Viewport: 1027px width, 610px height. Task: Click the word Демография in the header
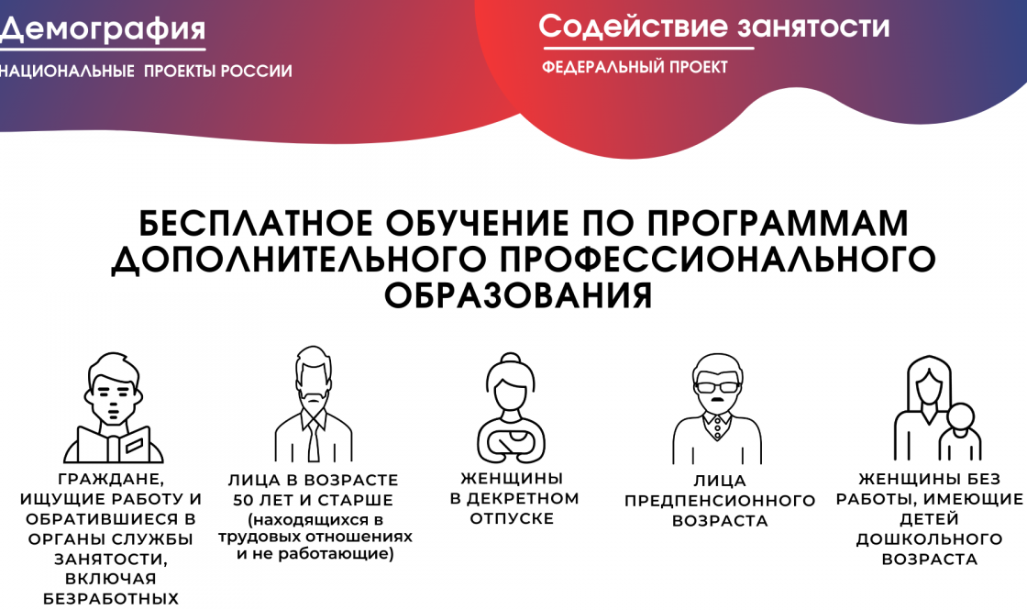click(x=103, y=29)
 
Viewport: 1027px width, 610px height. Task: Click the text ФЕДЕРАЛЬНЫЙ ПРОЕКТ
click(x=635, y=67)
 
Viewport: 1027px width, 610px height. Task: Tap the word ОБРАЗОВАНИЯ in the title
click(x=518, y=295)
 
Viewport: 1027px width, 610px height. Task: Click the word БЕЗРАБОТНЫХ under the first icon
click(x=111, y=599)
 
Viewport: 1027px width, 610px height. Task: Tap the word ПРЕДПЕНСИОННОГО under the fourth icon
click(x=720, y=501)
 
